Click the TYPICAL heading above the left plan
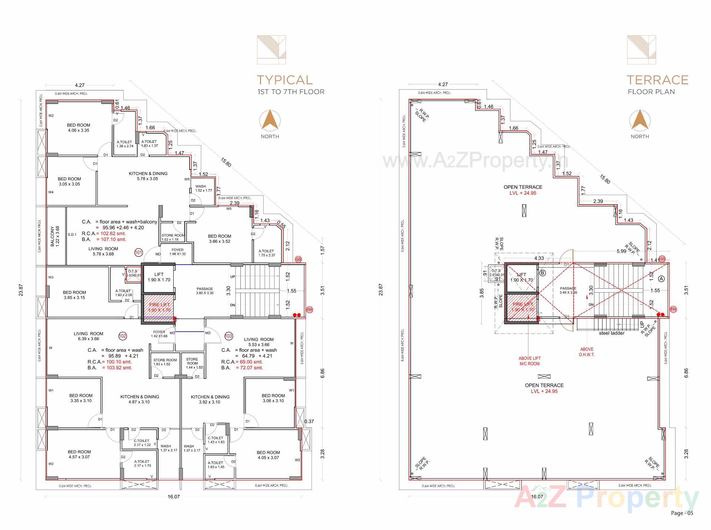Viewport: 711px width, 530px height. click(x=284, y=80)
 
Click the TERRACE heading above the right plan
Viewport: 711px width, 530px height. click(x=657, y=80)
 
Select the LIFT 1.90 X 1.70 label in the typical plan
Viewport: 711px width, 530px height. click(x=159, y=277)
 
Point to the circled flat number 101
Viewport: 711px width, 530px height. click(x=138, y=253)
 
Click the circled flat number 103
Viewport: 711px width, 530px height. click(x=228, y=336)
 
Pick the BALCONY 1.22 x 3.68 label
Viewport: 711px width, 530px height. click(x=54, y=237)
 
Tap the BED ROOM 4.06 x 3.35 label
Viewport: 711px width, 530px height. click(x=79, y=128)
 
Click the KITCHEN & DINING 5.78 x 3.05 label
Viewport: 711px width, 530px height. click(x=148, y=176)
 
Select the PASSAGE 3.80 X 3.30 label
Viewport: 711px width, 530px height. click(x=205, y=291)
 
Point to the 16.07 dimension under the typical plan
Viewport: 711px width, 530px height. click(x=173, y=497)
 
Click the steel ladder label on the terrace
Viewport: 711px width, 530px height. click(x=612, y=333)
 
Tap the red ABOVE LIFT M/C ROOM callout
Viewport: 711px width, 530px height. click(x=529, y=361)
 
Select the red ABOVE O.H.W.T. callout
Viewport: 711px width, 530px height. click(x=587, y=352)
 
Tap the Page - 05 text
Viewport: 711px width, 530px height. click(x=682, y=513)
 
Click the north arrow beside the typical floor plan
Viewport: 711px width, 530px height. click(x=270, y=120)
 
